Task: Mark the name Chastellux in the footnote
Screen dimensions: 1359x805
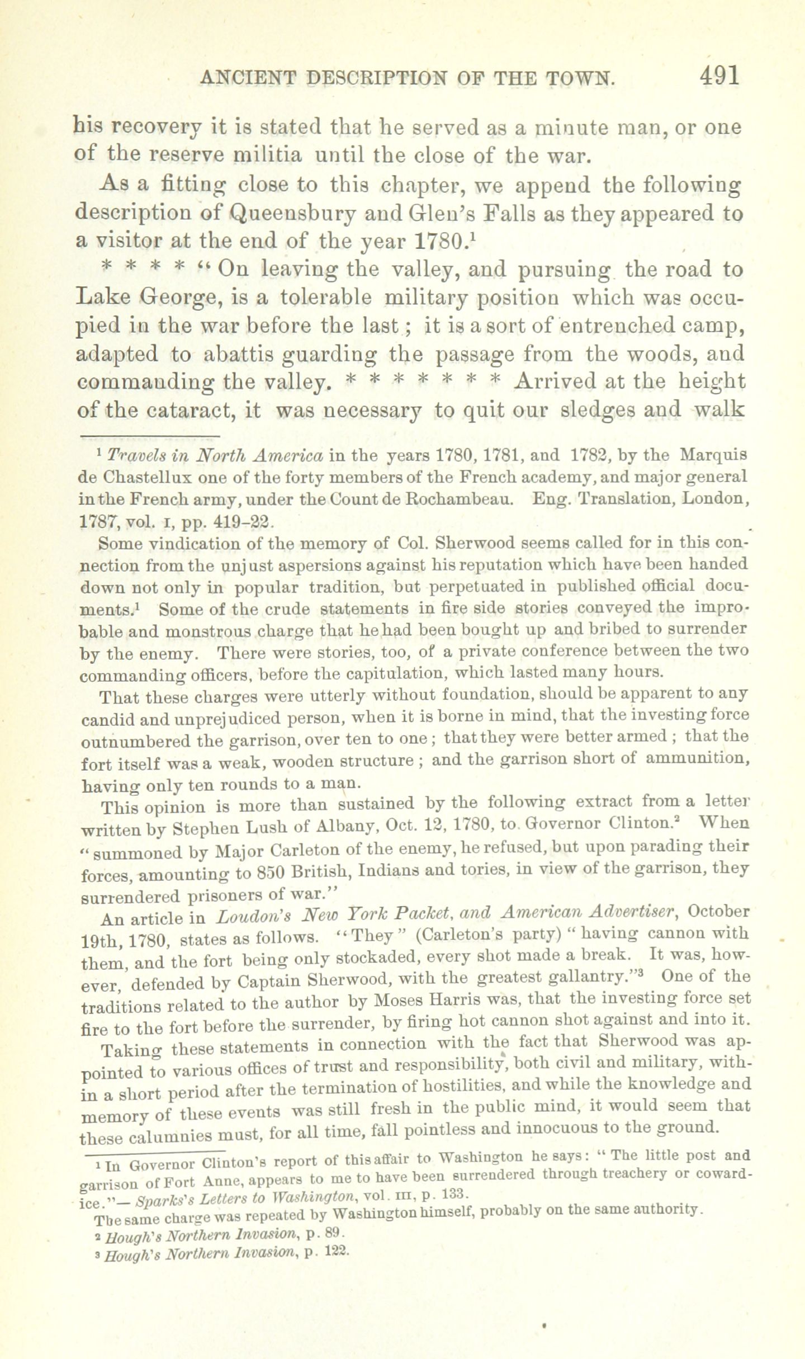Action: point(146,478)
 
